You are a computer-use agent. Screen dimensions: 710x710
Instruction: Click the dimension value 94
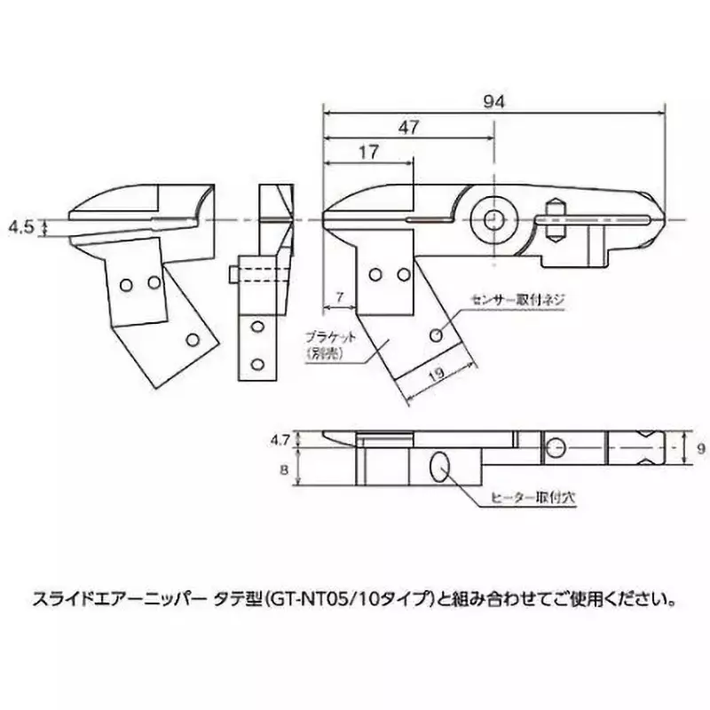494,102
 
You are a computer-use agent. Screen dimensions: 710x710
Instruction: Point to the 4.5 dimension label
20,227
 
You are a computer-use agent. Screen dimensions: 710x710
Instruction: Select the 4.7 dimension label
280,438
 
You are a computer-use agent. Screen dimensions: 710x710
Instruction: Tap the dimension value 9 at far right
701,450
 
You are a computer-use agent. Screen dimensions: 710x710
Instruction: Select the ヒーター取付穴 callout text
534,498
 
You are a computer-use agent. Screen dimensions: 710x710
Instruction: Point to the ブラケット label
330,337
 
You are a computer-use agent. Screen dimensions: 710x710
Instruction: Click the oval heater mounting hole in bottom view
439,465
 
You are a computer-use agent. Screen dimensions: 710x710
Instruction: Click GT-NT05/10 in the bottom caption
359,598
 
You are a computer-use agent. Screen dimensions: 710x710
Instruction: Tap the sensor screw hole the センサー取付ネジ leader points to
436,335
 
